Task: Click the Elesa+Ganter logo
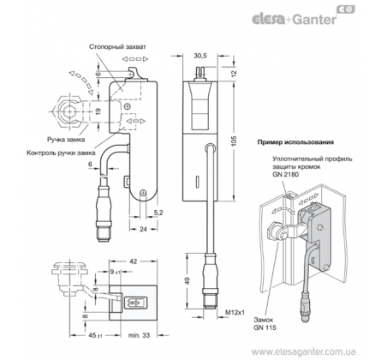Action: (303, 15)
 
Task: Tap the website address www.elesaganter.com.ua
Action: (303, 351)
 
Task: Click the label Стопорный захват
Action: (117, 47)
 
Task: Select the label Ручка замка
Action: (66, 140)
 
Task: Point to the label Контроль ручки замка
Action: (61, 153)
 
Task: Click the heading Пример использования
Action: (295, 142)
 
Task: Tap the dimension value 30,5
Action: (200, 56)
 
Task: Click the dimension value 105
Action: (234, 141)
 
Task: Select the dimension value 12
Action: (234, 73)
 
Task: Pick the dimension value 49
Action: (187, 281)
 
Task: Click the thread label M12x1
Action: (235, 312)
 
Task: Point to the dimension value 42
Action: (134, 261)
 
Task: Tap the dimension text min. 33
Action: (139, 335)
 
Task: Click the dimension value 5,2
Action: (158, 213)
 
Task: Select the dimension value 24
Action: (143, 229)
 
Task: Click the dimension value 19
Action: (98, 111)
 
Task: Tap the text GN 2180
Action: (285, 174)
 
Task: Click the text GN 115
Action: (265, 327)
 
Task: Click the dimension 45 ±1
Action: (95, 335)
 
